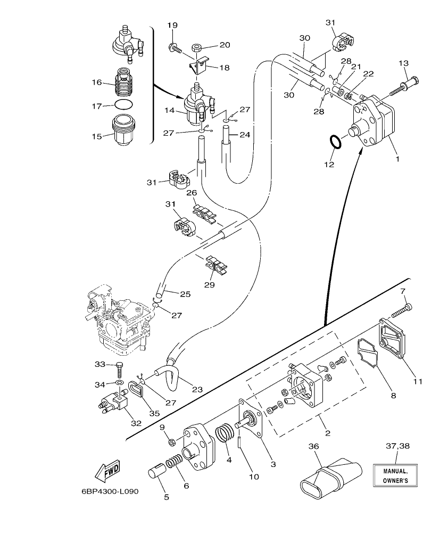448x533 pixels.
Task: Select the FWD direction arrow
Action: coord(107,471)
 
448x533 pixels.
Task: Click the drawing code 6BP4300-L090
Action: coord(110,491)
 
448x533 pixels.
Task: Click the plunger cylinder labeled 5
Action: coord(157,472)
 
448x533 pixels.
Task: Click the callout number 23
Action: coord(197,389)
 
